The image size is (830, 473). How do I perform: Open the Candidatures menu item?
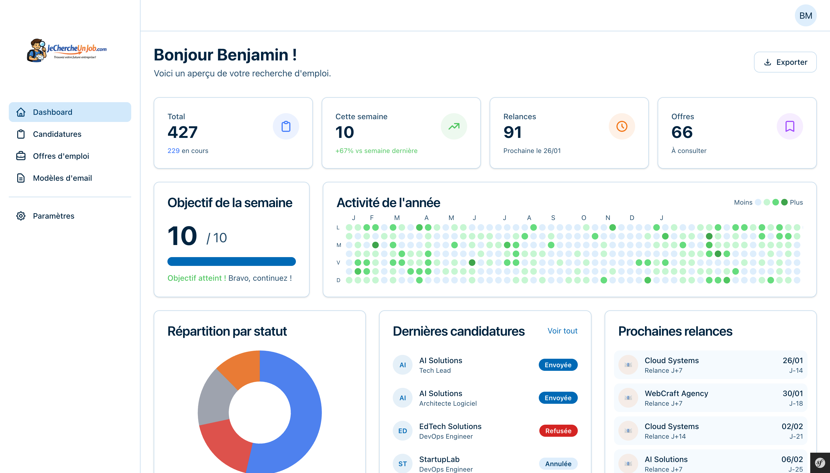click(x=57, y=134)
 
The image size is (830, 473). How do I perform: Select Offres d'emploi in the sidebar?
click(x=61, y=156)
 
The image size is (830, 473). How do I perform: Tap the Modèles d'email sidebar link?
click(x=62, y=178)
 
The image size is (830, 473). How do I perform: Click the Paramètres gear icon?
click(x=21, y=216)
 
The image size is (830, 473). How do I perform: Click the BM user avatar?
click(x=805, y=16)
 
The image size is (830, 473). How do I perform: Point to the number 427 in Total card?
click(x=183, y=132)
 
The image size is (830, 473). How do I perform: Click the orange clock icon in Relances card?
click(x=621, y=126)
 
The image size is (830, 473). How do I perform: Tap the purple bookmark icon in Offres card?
click(x=789, y=126)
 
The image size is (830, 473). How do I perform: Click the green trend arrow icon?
click(x=453, y=126)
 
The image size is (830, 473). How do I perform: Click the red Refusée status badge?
click(x=558, y=431)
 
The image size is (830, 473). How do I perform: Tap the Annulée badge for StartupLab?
click(x=558, y=464)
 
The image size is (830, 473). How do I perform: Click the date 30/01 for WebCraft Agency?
click(x=792, y=393)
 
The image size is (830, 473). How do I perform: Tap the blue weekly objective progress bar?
click(x=231, y=261)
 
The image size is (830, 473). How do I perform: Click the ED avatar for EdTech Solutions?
click(x=402, y=431)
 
